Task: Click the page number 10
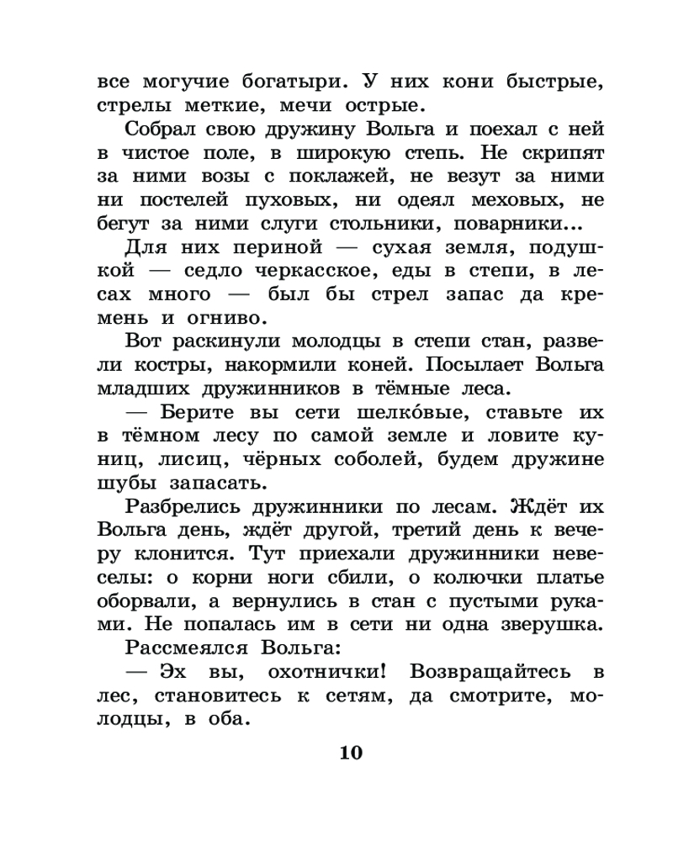351,752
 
